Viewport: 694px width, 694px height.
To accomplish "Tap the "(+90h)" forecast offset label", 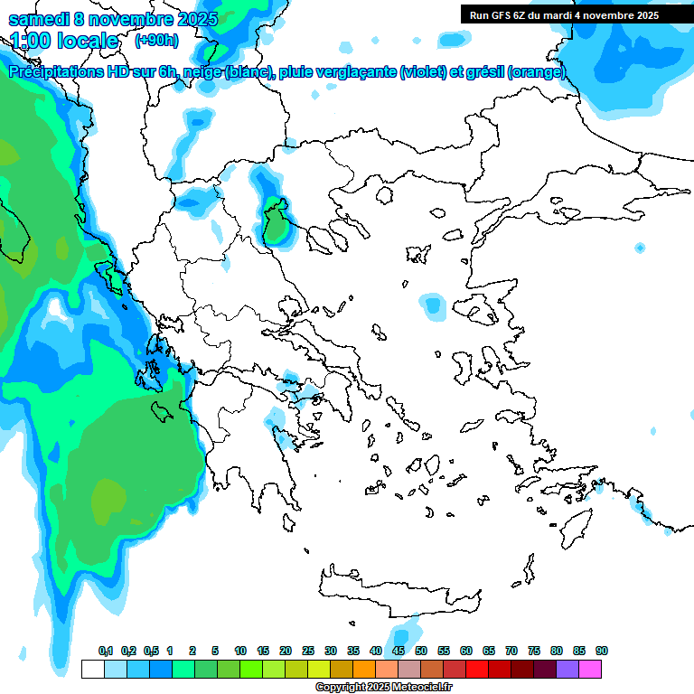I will tap(156, 41).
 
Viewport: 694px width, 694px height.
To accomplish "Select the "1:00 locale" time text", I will tap(65, 41).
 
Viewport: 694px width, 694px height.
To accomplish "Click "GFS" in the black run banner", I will tap(503, 15).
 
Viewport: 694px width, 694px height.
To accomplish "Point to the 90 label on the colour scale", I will tap(602, 652).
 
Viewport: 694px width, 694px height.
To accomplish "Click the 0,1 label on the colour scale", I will tap(106, 652).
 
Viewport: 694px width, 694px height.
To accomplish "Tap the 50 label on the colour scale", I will tap(421, 652).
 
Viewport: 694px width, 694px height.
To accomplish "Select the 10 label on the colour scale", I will tap(240, 652).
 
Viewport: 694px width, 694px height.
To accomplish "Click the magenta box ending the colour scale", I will tap(590, 669).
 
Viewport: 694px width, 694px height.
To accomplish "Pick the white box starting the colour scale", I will tap(92, 669).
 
